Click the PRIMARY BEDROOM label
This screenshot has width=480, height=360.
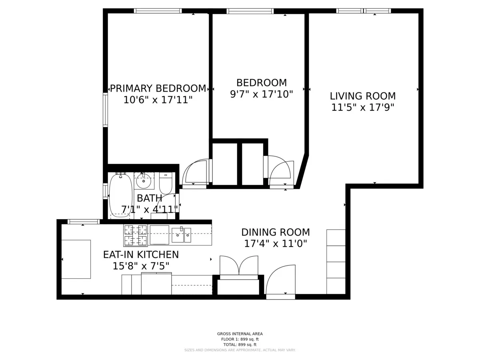tap(158, 88)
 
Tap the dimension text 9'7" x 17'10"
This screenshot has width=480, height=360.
tap(262, 94)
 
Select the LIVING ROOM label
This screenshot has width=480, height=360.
tap(362, 96)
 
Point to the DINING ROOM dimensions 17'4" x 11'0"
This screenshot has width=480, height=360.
tap(275, 244)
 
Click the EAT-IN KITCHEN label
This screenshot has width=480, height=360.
tap(141, 254)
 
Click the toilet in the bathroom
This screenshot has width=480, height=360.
tap(166, 184)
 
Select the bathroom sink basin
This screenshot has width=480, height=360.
tap(144, 182)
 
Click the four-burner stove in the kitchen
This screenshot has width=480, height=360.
tap(135, 235)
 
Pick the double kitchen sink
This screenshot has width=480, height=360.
tap(181, 235)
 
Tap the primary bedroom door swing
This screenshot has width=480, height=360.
tap(195, 173)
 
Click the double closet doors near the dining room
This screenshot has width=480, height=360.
tap(239, 266)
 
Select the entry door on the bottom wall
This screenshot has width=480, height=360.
tap(281, 280)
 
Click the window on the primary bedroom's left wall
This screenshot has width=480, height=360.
tap(105, 110)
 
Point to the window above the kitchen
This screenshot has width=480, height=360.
tap(84, 222)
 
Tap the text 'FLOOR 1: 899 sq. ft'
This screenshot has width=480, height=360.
tap(240, 339)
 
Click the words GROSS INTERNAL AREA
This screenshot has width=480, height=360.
tap(240, 334)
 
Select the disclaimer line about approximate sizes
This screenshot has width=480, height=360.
tap(240, 350)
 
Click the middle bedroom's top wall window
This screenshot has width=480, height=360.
tap(250, 11)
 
